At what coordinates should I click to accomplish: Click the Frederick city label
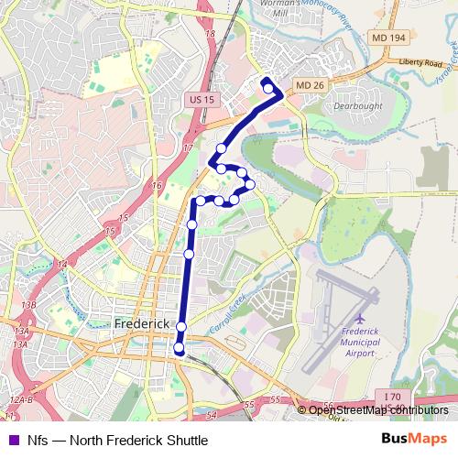[x=142, y=324]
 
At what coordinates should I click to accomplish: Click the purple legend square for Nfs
[x=12, y=440]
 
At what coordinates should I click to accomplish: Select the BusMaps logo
[x=417, y=440]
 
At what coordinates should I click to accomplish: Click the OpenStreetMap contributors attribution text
[x=378, y=409]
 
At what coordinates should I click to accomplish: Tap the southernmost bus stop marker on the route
[x=180, y=347]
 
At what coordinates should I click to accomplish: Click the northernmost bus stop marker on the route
[x=267, y=89]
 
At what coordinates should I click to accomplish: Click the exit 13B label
[x=28, y=304]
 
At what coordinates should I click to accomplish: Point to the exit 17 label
[x=188, y=147]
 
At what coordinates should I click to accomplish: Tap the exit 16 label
[x=158, y=186]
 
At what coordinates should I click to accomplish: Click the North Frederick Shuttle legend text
[x=118, y=440]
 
